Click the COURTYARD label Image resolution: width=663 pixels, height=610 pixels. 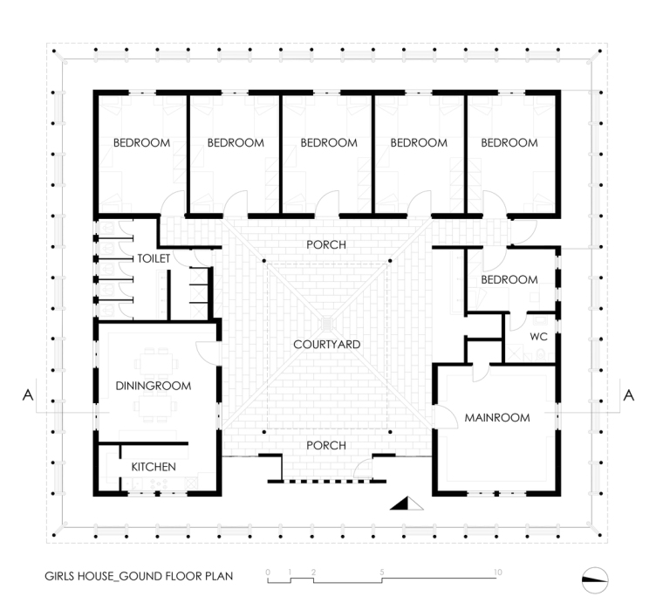pyautogui.click(x=327, y=345)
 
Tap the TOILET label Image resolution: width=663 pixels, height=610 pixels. pyautogui.click(x=154, y=258)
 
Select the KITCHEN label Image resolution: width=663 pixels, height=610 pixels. pyautogui.click(x=154, y=467)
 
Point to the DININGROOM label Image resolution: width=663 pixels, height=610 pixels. pyautogui.click(x=154, y=386)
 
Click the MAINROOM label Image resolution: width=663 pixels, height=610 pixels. pyautogui.click(x=497, y=418)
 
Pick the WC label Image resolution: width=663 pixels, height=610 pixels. pyautogui.click(x=539, y=337)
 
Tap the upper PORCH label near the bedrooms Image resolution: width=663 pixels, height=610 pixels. pyautogui.click(x=326, y=245)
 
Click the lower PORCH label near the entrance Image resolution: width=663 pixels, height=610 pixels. pyautogui.click(x=326, y=445)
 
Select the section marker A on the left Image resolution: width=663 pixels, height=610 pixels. pyautogui.click(x=28, y=395)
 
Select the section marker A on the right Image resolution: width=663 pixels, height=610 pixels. pyautogui.click(x=629, y=395)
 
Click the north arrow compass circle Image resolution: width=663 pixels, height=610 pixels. pyautogui.click(x=595, y=580)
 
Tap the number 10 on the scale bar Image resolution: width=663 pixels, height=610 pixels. pyautogui.click(x=497, y=572)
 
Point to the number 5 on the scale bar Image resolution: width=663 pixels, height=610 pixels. pyautogui.click(x=382, y=572)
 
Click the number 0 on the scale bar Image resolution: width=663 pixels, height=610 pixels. pyautogui.click(x=268, y=572)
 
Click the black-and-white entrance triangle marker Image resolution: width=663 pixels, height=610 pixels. pyautogui.click(x=407, y=504)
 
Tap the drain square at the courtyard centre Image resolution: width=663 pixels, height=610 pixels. pyautogui.click(x=327, y=324)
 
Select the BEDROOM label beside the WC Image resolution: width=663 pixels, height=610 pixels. pyautogui.click(x=509, y=279)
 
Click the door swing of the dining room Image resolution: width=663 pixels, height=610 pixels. pyautogui.click(x=208, y=353)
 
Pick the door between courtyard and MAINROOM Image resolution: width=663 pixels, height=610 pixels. pyautogui.click(x=445, y=416)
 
